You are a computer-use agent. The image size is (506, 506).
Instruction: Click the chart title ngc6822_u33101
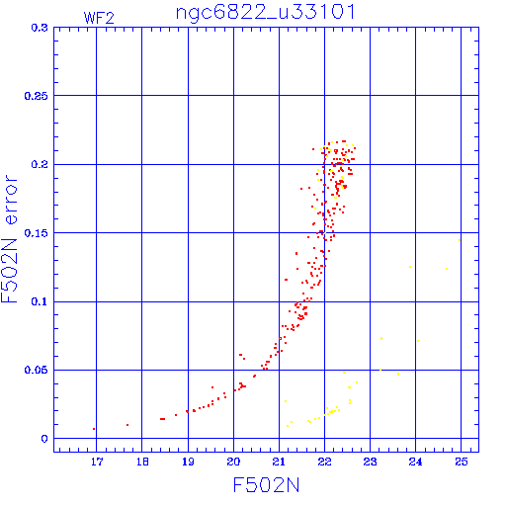click(x=266, y=13)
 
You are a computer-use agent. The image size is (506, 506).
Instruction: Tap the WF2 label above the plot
click(x=99, y=18)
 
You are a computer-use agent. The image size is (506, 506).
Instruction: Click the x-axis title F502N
click(x=266, y=485)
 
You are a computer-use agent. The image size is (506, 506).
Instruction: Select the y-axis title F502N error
click(x=10, y=239)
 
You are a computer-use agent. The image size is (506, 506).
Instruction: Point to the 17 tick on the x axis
click(x=97, y=462)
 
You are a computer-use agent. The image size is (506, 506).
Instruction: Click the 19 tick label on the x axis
click(x=188, y=462)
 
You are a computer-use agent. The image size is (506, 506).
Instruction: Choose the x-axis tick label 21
click(x=279, y=462)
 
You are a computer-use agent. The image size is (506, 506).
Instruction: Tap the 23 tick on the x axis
click(x=370, y=462)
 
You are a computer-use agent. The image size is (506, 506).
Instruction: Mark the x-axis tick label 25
click(x=462, y=462)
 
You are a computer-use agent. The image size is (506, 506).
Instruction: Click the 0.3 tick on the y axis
click(x=40, y=28)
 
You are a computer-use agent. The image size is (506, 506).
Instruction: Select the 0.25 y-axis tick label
click(x=37, y=96)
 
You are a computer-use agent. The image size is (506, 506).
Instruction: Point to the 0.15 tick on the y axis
click(x=37, y=233)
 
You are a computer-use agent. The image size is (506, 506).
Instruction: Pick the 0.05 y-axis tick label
click(x=37, y=370)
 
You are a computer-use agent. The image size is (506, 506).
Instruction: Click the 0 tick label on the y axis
click(x=44, y=439)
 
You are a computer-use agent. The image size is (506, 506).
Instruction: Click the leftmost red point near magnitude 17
click(x=94, y=429)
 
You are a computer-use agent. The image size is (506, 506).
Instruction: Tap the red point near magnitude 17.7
click(x=127, y=425)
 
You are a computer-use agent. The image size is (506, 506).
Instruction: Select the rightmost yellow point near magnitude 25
click(x=460, y=240)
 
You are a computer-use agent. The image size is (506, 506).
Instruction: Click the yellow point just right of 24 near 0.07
click(x=418, y=341)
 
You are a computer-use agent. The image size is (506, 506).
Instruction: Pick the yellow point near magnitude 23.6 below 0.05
click(x=398, y=374)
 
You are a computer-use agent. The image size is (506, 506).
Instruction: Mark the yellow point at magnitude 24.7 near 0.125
click(x=447, y=269)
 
